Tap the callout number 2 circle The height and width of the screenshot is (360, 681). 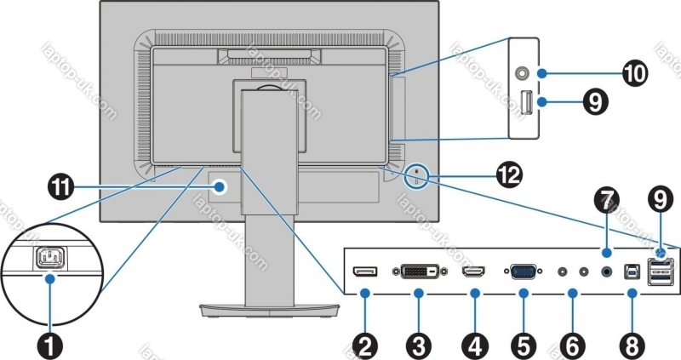click(x=366, y=346)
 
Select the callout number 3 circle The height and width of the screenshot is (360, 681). click(x=418, y=346)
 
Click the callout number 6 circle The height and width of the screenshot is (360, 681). click(x=573, y=346)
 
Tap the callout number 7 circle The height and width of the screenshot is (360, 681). click(x=605, y=202)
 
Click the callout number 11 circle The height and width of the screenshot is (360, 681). click(x=60, y=187)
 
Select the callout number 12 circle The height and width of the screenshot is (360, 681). click(x=508, y=176)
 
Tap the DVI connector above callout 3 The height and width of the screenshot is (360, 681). click(x=419, y=273)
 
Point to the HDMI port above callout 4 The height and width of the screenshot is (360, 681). click(x=473, y=273)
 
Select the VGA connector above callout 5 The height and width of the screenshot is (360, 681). click(x=523, y=273)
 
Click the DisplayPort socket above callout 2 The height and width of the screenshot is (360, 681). click(x=366, y=272)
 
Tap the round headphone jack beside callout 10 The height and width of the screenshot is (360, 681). click(x=522, y=73)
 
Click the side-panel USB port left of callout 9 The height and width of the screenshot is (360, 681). click(x=524, y=104)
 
